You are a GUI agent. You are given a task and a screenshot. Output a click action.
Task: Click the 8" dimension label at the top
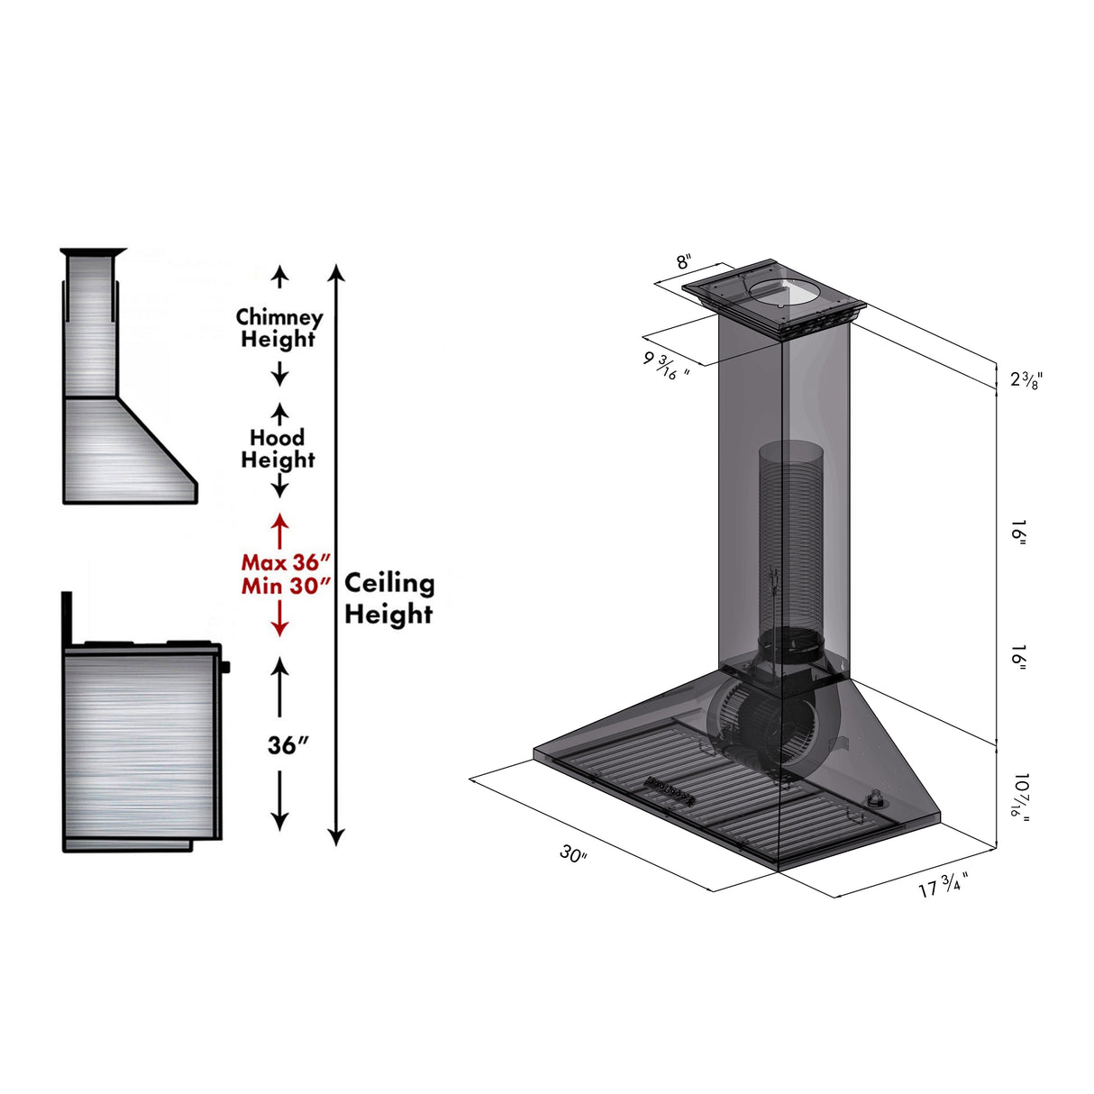684,262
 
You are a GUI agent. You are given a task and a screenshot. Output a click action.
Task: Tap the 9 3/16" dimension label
666,366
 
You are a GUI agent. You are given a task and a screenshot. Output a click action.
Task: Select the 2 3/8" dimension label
1026,379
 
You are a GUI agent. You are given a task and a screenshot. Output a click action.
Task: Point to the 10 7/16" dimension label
1019,795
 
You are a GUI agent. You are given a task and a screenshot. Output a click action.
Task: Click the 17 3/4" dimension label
943,887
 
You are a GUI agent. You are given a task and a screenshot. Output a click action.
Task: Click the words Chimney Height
279,328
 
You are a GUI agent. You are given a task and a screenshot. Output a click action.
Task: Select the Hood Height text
278,449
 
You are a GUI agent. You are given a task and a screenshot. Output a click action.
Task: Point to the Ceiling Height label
389,598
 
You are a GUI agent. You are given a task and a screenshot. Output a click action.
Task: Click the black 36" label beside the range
287,745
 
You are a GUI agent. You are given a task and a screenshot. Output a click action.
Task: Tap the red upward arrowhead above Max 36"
280,521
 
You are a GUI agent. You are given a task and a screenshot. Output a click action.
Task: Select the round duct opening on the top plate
781,290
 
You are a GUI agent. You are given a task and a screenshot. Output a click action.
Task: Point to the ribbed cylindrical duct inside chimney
787,532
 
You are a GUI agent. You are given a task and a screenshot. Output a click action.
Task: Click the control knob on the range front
224,667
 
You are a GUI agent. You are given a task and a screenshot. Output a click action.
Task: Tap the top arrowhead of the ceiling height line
336,271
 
